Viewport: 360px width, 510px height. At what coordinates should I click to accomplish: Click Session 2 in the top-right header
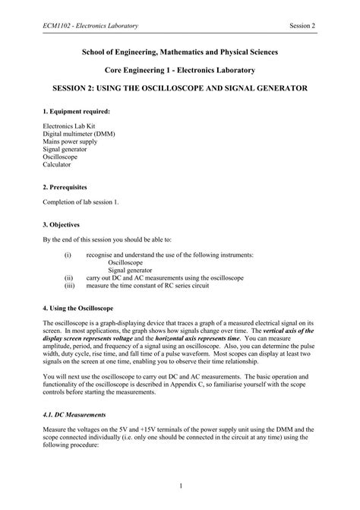point(302,27)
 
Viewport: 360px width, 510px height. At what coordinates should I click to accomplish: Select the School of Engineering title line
point(179,52)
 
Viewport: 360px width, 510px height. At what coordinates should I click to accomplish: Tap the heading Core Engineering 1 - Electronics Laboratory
point(179,70)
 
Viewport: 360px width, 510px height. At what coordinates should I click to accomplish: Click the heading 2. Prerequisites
point(66,186)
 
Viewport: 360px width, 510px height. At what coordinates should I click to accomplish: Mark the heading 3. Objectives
point(62,224)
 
